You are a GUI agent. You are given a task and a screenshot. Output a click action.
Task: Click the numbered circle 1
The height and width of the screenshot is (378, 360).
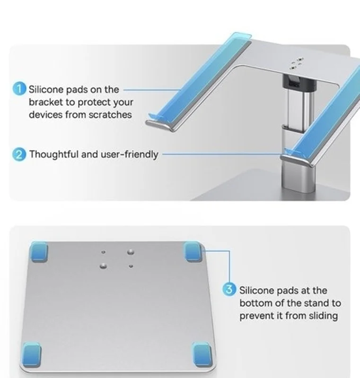click(19, 89)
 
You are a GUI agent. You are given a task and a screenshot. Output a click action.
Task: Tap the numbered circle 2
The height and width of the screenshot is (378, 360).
click(19, 155)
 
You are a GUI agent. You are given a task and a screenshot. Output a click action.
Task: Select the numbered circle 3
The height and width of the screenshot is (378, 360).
click(229, 289)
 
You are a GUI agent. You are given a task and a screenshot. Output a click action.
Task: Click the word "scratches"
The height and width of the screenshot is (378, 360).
click(110, 115)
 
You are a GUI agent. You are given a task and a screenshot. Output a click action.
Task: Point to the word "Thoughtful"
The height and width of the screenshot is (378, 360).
click(54, 155)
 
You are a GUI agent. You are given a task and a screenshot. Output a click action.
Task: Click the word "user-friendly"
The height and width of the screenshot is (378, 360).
click(129, 155)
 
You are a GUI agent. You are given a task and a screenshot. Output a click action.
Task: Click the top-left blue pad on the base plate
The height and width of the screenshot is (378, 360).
click(39, 252)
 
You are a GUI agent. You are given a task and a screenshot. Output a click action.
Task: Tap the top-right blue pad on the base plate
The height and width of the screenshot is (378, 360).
click(193, 252)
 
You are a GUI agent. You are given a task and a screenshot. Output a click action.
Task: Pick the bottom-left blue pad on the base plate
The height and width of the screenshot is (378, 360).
click(32, 355)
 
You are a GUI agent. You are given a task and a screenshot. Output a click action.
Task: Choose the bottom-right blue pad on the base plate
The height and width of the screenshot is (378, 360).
click(202, 354)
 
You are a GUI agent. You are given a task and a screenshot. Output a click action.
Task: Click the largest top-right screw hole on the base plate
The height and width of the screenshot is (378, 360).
click(131, 252)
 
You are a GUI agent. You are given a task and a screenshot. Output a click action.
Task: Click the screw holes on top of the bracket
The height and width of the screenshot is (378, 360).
click(296, 63)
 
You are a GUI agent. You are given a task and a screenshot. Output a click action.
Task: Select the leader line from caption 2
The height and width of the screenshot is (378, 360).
click(223, 154)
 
